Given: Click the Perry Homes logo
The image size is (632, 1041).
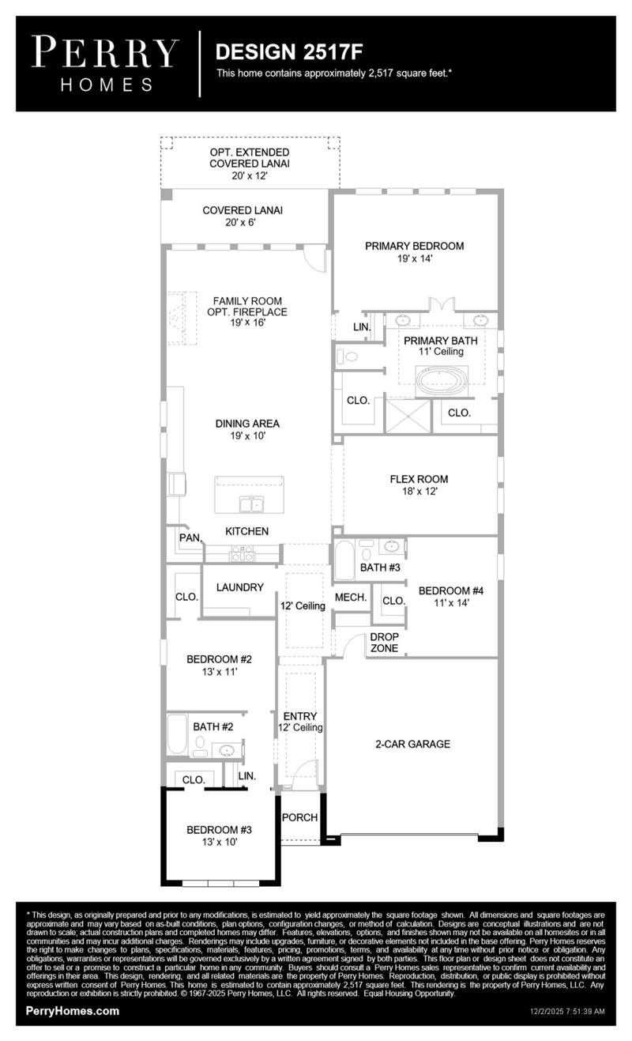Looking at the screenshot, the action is point(105,64).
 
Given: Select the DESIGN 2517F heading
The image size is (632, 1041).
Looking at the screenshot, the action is point(288,52).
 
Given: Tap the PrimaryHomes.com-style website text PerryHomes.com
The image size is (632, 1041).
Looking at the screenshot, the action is point(73,1010).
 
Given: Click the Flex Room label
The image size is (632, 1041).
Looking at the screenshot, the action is point(419,479).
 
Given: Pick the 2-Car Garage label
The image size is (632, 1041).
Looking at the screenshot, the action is point(413,744).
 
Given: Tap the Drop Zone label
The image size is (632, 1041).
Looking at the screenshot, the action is point(384,643).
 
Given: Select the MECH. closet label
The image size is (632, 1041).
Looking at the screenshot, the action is point(351,598).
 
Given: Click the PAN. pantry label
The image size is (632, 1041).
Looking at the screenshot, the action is point(190,537).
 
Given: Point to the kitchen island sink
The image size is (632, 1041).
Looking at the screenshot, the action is point(251,504).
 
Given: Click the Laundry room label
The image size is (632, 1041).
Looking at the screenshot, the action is point(239,587).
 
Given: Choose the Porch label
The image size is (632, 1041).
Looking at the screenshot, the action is point(299,817).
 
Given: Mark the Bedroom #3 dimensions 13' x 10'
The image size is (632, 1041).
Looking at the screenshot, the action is point(220,842).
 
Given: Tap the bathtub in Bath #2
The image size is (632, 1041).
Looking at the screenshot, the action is point(176,734).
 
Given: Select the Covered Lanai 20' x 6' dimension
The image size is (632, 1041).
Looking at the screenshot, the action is point(240,222).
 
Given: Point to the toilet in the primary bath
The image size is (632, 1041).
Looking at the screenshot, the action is point(348,357).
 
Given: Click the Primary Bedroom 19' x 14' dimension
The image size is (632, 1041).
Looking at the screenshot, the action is point(415,258).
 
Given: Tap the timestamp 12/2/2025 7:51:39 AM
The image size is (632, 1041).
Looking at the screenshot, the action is point(567,1011).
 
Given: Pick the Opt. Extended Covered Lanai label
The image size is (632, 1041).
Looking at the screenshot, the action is point(250,158).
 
